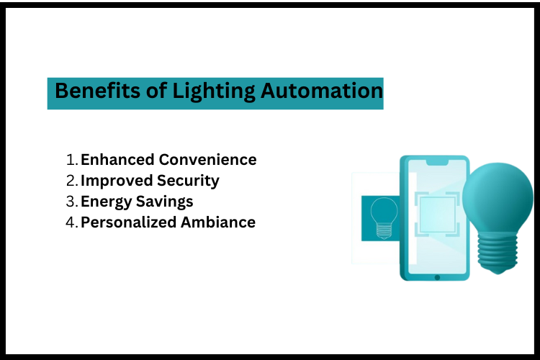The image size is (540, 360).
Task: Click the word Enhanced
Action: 118,160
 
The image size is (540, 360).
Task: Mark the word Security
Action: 189,181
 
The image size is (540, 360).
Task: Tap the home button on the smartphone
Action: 436,277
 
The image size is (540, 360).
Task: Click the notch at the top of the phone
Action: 436,162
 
